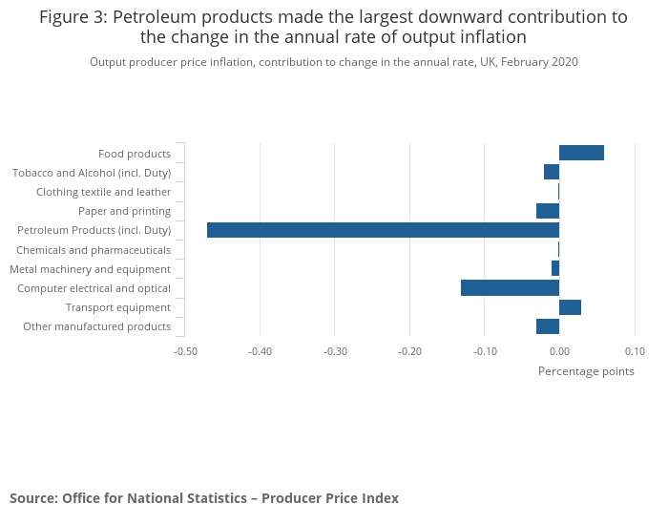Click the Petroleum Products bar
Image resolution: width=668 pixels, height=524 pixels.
click(x=383, y=230)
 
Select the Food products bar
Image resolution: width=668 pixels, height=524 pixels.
click(x=581, y=153)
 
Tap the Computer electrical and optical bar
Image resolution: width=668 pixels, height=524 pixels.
click(x=510, y=287)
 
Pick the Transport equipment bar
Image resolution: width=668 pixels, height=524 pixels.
click(x=570, y=307)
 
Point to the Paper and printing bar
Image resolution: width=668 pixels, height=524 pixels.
click(x=548, y=211)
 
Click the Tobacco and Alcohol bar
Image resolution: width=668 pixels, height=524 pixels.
click(x=552, y=172)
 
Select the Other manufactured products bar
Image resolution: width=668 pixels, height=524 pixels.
click(x=548, y=326)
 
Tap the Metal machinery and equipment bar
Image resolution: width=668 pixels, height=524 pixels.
click(x=555, y=268)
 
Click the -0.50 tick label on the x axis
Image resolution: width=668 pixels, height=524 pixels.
click(x=185, y=351)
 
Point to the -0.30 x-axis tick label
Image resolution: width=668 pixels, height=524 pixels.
click(x=335, y=351)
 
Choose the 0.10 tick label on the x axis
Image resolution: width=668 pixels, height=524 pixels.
click(x=635, y=351)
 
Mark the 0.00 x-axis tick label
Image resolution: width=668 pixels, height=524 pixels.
click(x=559, y=351)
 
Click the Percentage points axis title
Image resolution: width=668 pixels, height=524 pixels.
click(x=586, y=371)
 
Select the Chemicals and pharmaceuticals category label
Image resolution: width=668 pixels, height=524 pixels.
click(x=94, y=250)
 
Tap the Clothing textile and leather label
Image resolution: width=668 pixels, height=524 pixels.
click(x=103, y=192)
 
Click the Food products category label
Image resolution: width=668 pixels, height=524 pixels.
click(x=135, y=154)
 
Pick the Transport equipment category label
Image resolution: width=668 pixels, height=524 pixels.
click(x=118, y=307)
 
